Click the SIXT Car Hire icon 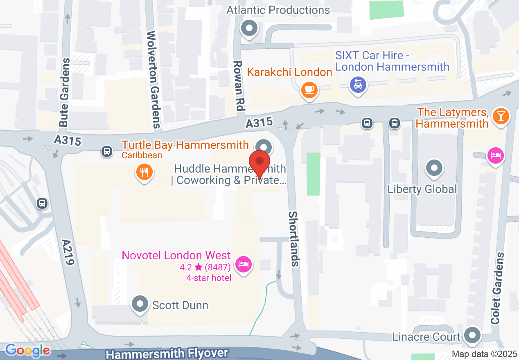[358, 85]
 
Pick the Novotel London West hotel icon [244, 264]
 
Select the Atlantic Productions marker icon [249, 29]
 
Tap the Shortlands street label [295, 239]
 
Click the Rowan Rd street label [238, 86]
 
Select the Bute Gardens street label [65, 92]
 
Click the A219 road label [68, 252]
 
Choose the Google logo [27, 350]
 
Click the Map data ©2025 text [484, 354]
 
